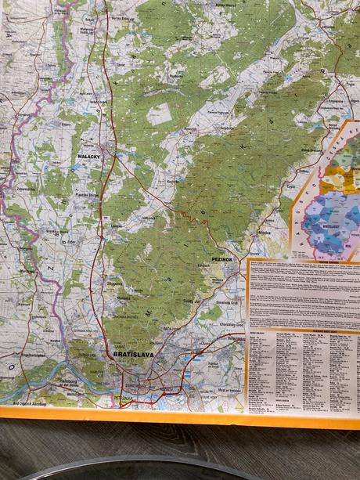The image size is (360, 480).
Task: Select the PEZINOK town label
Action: pos(222,258)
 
